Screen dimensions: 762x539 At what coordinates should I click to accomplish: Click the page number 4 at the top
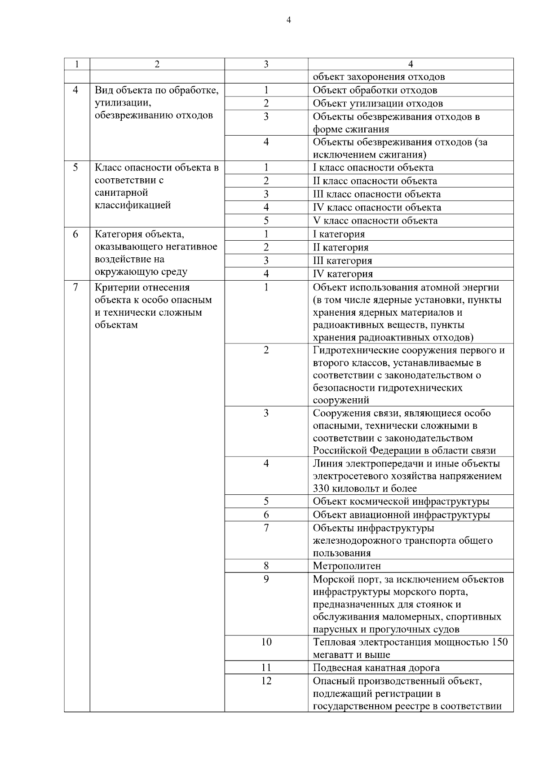(x=288, y=20)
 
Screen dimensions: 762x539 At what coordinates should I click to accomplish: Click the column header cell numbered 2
(x=157, y=64)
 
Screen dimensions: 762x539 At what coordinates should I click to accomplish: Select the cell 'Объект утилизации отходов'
(x=378, y=104)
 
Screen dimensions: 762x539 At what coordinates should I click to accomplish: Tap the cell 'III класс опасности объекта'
(x=376, y=194)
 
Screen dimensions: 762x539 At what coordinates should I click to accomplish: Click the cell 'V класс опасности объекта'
(x=375, y=221)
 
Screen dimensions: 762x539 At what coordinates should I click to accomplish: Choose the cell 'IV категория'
(x=343, y=274)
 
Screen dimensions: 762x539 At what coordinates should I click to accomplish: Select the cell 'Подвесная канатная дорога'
(x=376, y=668)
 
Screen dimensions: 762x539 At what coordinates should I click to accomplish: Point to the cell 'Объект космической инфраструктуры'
(x=401, y=502)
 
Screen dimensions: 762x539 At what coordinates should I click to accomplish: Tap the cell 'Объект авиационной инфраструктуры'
(x=401, y=515)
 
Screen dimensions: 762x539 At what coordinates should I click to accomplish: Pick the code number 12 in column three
(x=266, y=681)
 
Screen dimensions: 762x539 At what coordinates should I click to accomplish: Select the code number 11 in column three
(x=266, y=668)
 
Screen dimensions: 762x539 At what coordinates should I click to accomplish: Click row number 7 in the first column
(x=75, y=287)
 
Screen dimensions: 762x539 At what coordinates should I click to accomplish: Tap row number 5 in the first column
(x=75, y=167)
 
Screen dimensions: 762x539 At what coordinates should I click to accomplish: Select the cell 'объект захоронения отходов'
(x=379, y=77)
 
